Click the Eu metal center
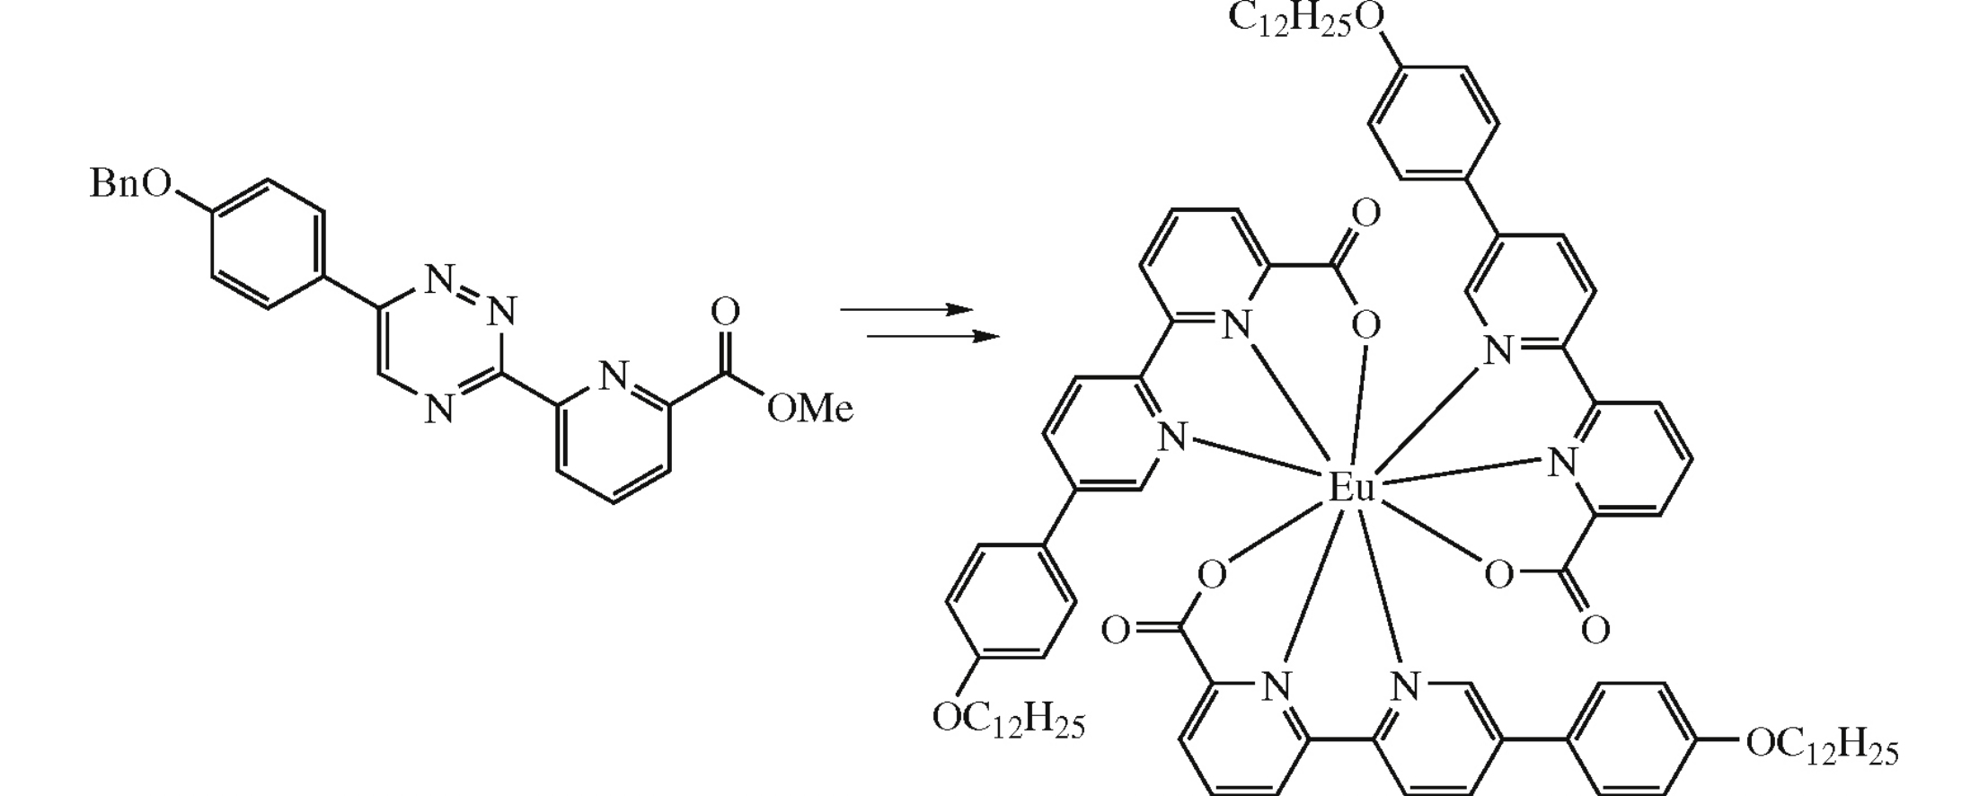tap(1352, 489)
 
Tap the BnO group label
tap(130, 184)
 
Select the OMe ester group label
tap(808, 409)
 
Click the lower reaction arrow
tap(932, 337)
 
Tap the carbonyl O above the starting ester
tap(725, 313)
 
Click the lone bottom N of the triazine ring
tap(438, 410)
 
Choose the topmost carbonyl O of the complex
tap(1365, 214)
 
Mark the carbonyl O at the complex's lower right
tap(1595, 630)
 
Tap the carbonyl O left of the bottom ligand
tap(1116, 631)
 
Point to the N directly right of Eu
tap(1562, 463)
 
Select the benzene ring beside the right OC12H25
tap(1633, 739)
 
